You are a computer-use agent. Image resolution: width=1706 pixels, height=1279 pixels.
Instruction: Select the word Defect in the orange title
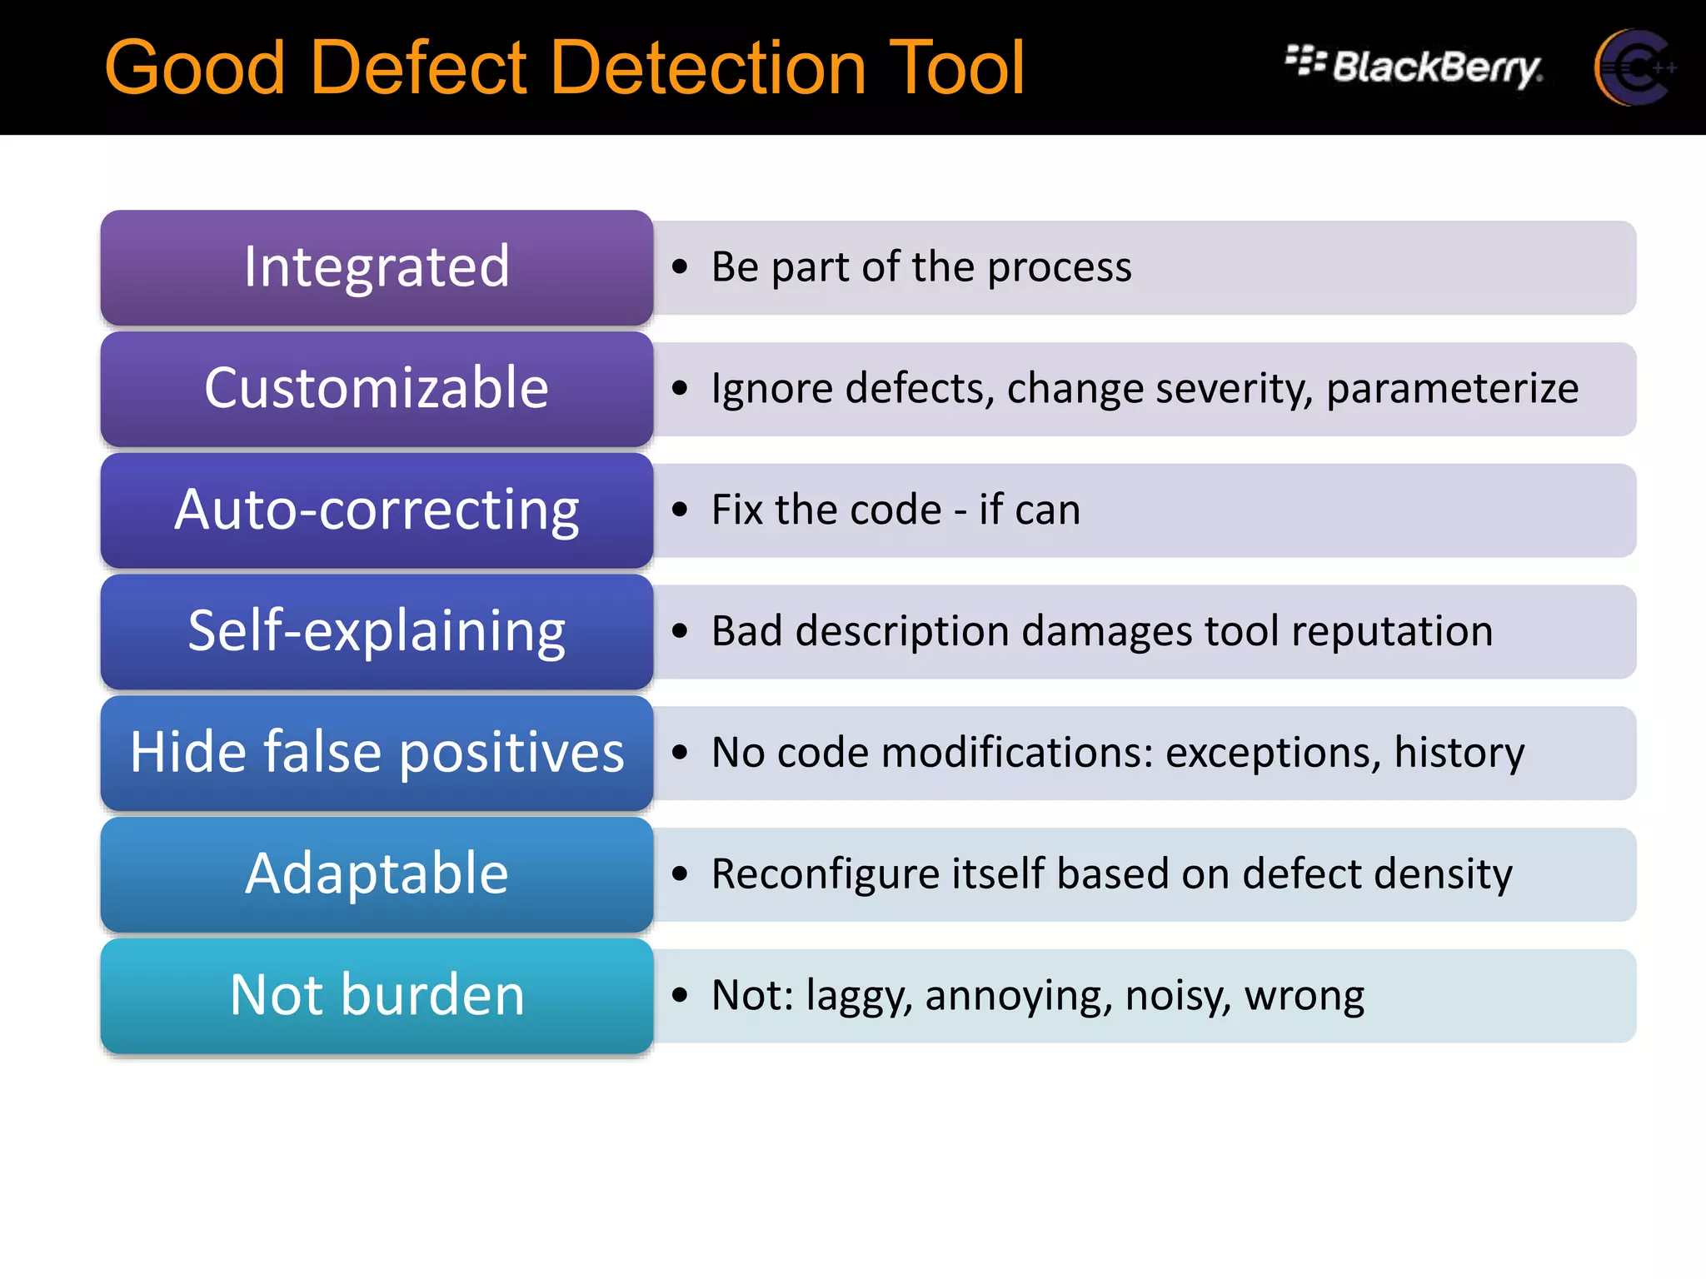point(421,68)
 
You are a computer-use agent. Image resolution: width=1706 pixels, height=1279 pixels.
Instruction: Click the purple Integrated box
point(377,267)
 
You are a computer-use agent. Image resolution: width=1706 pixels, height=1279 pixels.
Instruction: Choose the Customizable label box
point(377,389)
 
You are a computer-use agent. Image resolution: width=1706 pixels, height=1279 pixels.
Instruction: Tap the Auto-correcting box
point(377,510)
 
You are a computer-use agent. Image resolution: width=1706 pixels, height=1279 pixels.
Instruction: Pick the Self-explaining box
point(377,632)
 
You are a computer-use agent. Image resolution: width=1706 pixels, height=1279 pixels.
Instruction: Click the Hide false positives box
point(377,753)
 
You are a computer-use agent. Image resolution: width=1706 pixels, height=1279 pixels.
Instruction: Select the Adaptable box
point(377,874)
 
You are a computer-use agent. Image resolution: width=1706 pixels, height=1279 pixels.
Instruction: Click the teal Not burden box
point(377,996)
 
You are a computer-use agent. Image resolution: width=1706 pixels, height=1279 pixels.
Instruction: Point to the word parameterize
point(1452,389)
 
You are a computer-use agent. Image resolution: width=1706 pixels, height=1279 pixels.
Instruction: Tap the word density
point(1443,874)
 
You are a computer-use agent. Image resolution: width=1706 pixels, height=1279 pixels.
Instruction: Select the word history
point(1459,753)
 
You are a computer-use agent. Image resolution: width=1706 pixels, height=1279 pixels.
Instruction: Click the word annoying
point(1018,997)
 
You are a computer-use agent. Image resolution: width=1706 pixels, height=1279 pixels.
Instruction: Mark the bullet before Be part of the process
point(681,267)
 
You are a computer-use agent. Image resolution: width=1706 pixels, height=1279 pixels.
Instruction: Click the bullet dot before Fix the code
point(681,510)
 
